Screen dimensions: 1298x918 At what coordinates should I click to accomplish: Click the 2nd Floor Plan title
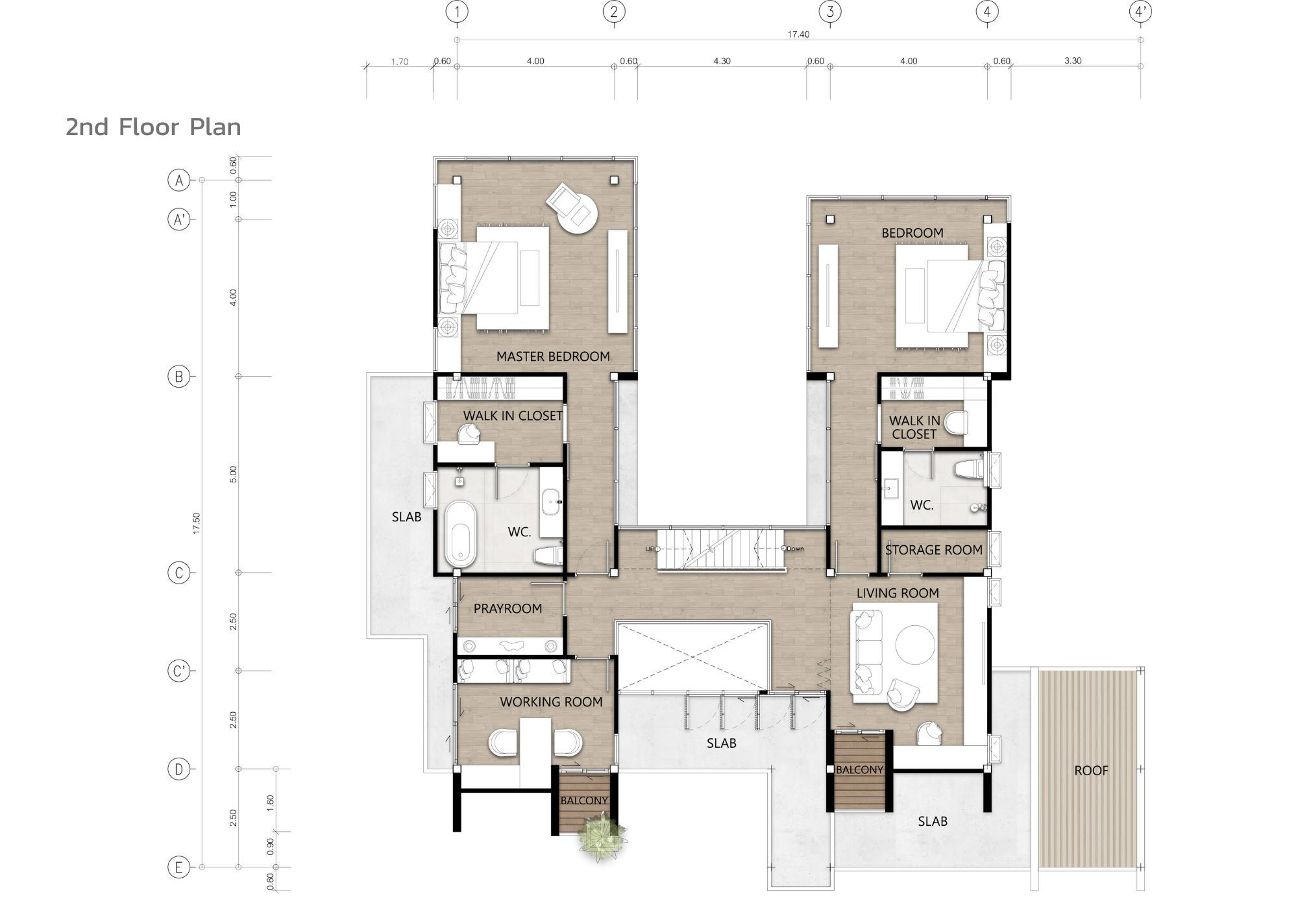(153, 127)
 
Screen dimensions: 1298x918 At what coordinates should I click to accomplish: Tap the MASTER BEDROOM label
(553, 356)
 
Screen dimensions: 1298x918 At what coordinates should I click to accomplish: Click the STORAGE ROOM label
(933, 550)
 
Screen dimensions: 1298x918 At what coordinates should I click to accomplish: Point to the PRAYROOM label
(508, 608)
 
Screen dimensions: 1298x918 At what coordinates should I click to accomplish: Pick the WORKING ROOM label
(551, 702)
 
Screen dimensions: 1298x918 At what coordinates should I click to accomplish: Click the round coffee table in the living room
(916, 645)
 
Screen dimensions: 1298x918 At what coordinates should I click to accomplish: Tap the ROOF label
(1091, 771)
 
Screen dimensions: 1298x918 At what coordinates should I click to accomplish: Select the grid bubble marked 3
(830, 12)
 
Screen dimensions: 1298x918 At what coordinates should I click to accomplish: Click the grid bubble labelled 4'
(1140, 12)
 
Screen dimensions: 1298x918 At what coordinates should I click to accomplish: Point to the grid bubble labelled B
(178, 377)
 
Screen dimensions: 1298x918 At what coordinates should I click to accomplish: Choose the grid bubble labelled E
(178, 867)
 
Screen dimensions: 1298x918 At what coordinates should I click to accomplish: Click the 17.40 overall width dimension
(798, 34)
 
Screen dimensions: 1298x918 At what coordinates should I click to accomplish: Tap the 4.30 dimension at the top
(722, 61)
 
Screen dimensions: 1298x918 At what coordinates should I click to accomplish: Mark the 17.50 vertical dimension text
(196, 524)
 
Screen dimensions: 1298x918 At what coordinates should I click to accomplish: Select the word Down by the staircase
(795, 549)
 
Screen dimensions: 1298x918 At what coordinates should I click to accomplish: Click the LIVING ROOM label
(898, 593)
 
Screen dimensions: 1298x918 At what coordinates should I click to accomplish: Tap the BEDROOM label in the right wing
(912, 233)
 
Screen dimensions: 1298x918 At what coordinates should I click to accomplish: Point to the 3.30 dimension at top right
(1073, 61)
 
